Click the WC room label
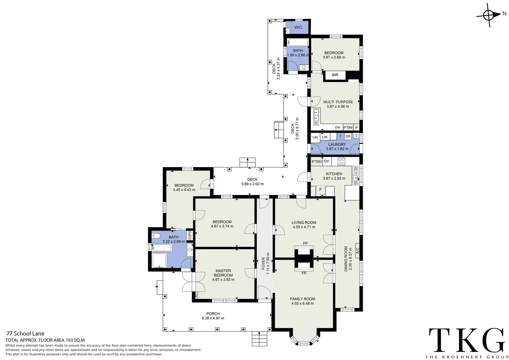[298, 27]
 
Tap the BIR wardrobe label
[335, 75]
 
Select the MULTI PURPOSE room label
[338, 102]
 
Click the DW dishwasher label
[337, 127]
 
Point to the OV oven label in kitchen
[326, 161]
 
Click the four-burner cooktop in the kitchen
[341, 161]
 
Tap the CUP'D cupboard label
[190, 235]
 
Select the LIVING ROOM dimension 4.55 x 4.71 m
[304, 227]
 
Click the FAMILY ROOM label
[302, 299]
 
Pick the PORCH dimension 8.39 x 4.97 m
[213, 318]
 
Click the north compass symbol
[489, 15]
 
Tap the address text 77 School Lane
[25, 333]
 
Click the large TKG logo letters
[467, 340]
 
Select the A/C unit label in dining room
[357, 251]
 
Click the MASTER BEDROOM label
[223, 273]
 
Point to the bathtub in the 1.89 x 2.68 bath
[298, 42]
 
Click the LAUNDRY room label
[337, 144]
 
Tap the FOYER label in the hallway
[263, 263]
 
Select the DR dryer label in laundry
[348, 136]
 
